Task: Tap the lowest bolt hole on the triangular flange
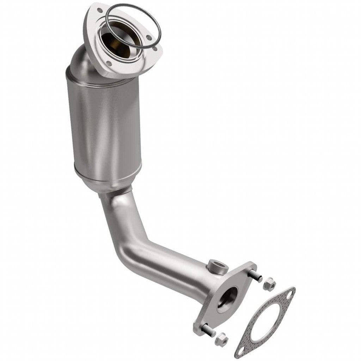point(109,64)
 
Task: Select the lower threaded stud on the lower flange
point(208,331)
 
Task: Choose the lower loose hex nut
point(222,340)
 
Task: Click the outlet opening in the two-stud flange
point(227,298)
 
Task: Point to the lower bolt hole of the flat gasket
point(241,351)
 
